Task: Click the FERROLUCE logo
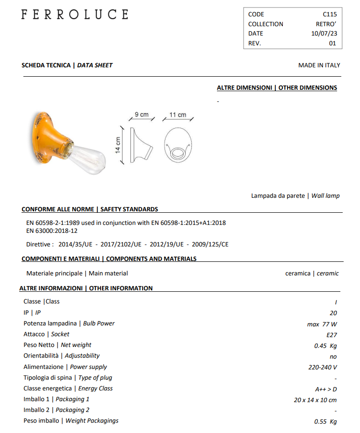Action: (x=74, y=14)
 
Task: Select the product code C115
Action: (x=329, y=14)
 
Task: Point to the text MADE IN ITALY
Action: (x=319, y=65)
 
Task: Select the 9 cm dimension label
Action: (x=141, y=115)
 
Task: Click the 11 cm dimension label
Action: (x=178, y=115)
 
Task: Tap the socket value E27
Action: (x=332, y=335)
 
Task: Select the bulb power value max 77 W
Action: (x=322, y=324)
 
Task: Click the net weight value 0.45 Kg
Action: (x=325, y=346)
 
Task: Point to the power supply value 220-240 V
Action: (x=323, y=368)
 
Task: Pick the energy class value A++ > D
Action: (x=326, y=389)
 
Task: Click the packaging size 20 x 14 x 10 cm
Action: (x=315, y=400)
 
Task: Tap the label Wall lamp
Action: (x=326, y=196)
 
